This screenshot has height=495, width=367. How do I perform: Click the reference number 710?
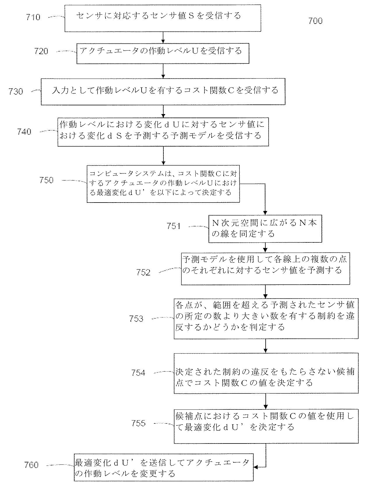[x=33, y=17]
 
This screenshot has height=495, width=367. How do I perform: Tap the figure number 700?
[x=315, y=21]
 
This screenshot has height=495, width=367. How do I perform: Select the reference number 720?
[x=41, y=52]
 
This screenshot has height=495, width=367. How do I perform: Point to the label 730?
[x=15, y=92]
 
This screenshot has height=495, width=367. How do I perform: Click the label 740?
[x=24, y=132]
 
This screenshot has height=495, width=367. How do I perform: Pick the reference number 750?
[x=46, y=180]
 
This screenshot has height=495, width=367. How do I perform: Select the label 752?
[x=143, y=272]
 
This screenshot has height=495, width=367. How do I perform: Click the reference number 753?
[x=136, y=319]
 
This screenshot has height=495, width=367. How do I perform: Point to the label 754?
[x=138, y=373]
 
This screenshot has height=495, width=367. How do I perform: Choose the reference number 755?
[x=138, y=423]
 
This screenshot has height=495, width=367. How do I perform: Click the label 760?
[x=31, y=465]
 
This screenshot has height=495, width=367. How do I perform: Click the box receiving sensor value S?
[x=163, y=18]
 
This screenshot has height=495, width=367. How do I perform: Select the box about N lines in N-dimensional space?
[x=265, y=229]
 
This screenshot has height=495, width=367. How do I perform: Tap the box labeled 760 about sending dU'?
[x=163, y=467]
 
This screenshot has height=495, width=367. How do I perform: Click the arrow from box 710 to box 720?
[x=163, y=37]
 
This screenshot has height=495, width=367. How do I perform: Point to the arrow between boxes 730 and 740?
[x=163, y=111]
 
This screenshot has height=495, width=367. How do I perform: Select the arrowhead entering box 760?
[x=256, y=467]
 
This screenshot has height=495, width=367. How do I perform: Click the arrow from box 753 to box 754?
[x=266, y=346]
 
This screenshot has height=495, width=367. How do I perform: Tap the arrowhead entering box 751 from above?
[x=265, y=213]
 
